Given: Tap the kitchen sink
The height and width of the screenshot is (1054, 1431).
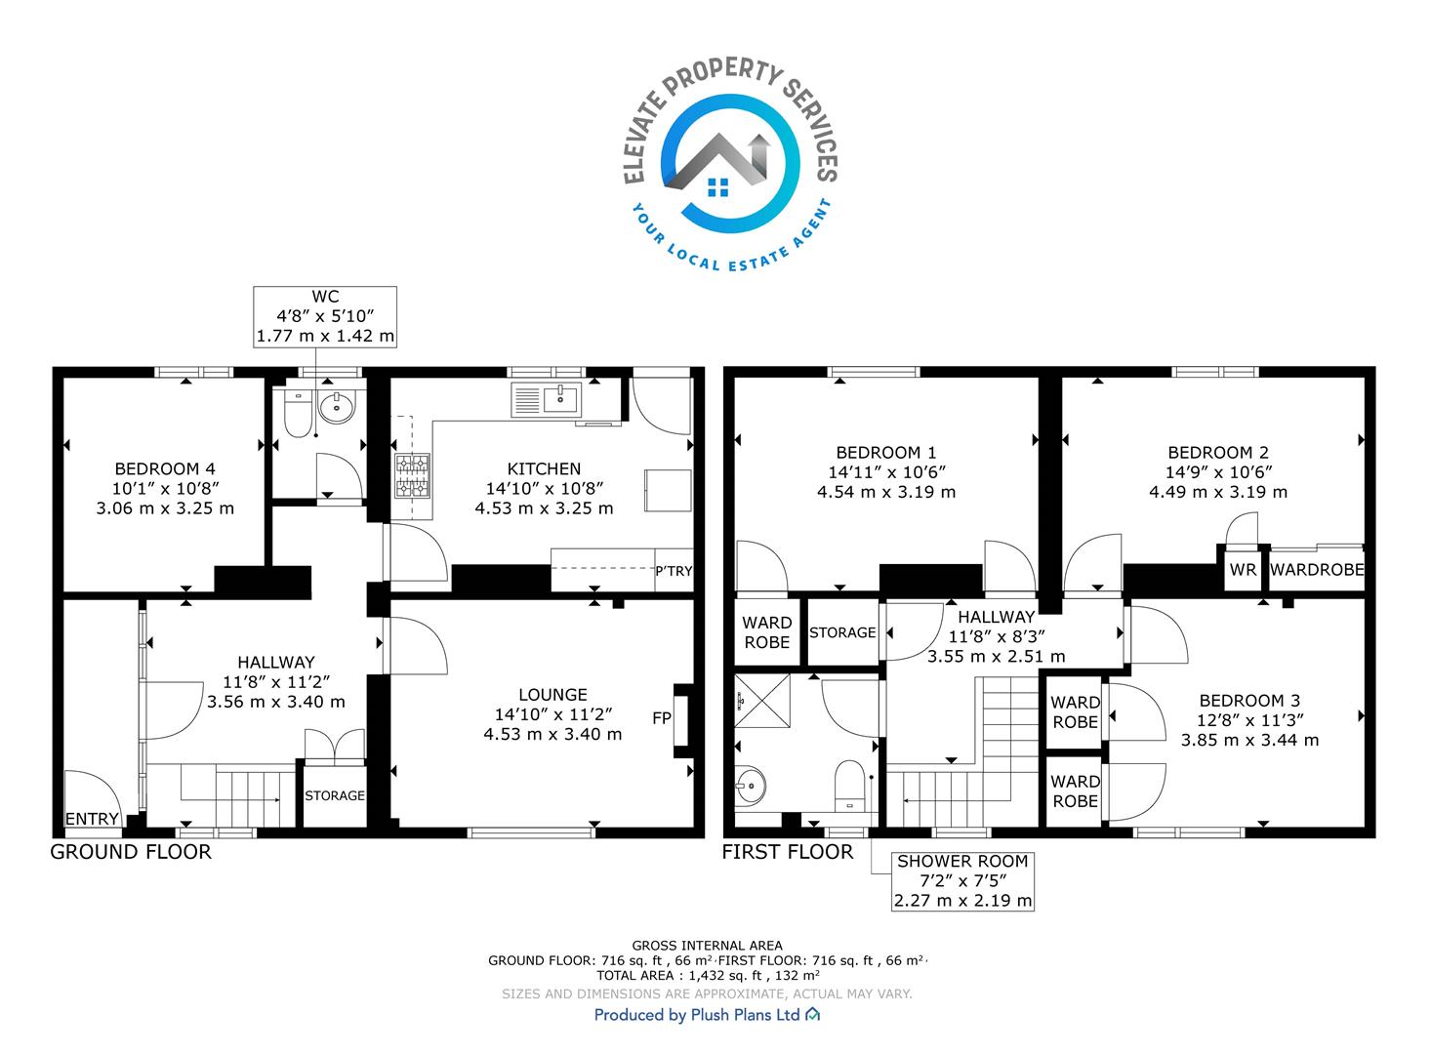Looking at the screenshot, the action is coord(547,400).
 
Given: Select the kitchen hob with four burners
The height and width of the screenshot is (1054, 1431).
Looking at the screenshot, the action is coord(413,476).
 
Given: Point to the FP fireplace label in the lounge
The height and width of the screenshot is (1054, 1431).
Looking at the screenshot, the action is coord(662,718).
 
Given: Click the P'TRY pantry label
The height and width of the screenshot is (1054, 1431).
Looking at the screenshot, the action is coord(674,571).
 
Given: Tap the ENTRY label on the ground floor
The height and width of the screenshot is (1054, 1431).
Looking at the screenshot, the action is coord(92,819).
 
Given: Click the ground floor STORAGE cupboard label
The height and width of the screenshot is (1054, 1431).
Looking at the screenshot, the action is coord(335,796).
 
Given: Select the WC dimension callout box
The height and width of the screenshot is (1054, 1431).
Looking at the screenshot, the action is coord(325,317).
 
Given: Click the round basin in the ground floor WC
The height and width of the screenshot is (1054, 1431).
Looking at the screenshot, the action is coord(337,407).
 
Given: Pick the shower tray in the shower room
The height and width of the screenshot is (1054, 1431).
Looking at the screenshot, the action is coord(762,701).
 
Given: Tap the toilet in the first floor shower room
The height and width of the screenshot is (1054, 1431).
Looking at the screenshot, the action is coord(849,786).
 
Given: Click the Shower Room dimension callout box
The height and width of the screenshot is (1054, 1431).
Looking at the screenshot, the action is coord(962,881).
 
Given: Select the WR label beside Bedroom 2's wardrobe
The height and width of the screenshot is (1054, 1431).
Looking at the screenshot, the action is coord(1244,570).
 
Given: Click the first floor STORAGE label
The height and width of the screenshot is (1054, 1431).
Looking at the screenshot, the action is coord(842,632).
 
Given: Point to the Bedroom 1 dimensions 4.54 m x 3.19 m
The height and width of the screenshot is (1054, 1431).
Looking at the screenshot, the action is coord(886,492).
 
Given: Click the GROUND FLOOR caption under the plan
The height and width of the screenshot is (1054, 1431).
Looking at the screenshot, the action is coord(131,852).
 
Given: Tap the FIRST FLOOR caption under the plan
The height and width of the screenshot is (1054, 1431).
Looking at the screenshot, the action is coord(787,852).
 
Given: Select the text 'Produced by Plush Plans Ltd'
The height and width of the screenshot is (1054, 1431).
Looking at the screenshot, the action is coord(697,1015).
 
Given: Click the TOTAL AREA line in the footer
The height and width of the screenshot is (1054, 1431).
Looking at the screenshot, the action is coord(708,975).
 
